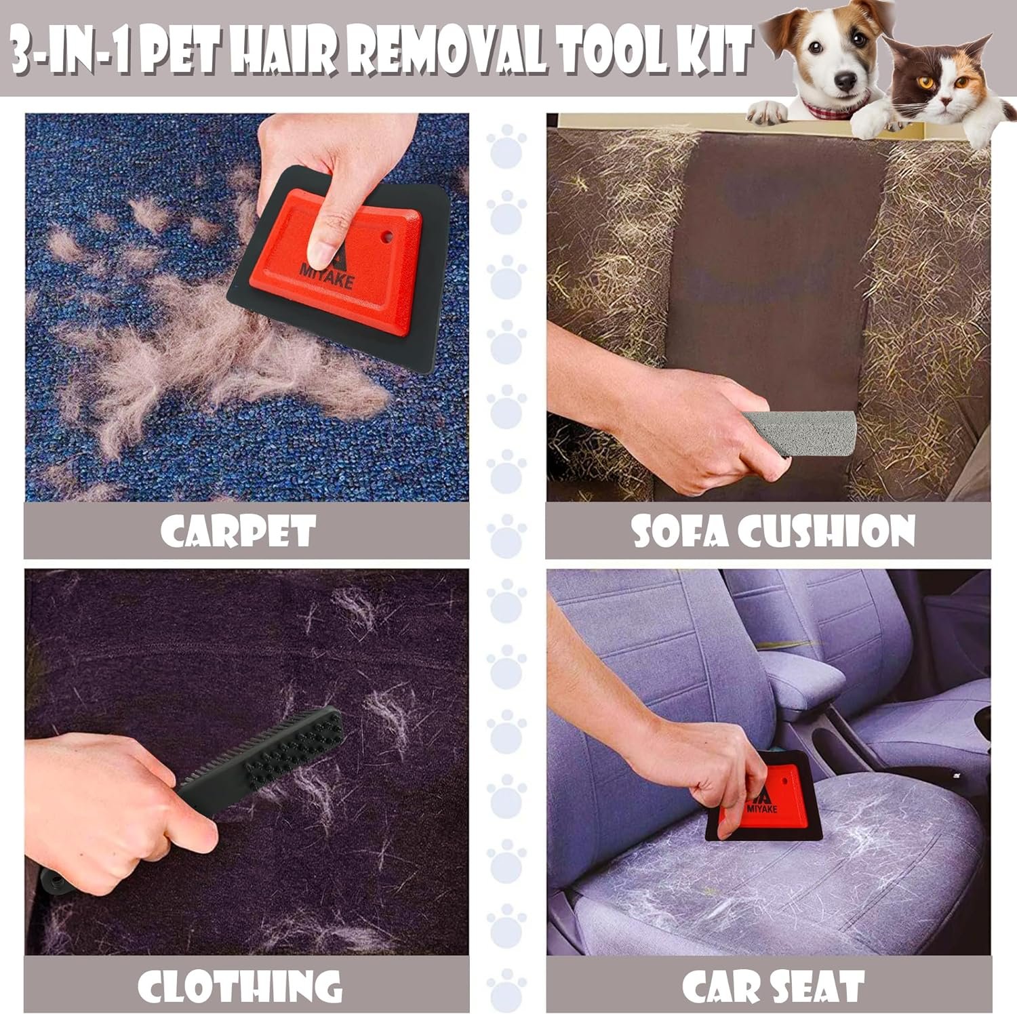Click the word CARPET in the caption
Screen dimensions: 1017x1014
tap(238, 531)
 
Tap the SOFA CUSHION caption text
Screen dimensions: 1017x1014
tap(774, 531)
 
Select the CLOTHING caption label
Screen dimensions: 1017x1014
tap(239, 986)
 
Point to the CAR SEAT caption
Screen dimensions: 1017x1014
tap(773, 986)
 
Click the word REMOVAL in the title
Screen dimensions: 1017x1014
tap(451, 49)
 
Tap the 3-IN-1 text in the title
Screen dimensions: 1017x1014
tap(68, 49)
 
